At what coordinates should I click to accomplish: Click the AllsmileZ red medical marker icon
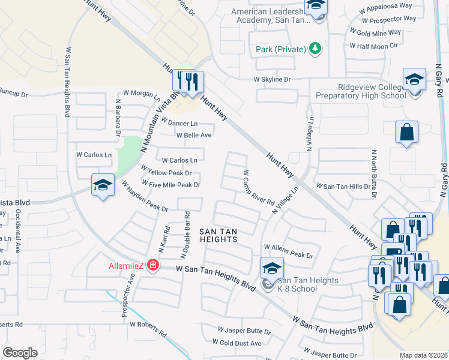152,265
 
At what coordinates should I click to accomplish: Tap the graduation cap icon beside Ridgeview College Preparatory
414,79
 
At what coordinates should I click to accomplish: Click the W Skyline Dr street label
272,79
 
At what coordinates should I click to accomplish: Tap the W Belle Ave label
194,135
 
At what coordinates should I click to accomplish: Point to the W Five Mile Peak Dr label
171,184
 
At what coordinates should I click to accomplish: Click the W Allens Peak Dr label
288,251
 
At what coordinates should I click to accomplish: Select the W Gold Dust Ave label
240,343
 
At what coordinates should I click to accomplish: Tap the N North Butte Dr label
374,173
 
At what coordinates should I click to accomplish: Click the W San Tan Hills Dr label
343,187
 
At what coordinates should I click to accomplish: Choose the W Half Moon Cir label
377,46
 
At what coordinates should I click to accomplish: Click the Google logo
20,352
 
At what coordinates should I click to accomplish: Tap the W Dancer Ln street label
178,123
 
